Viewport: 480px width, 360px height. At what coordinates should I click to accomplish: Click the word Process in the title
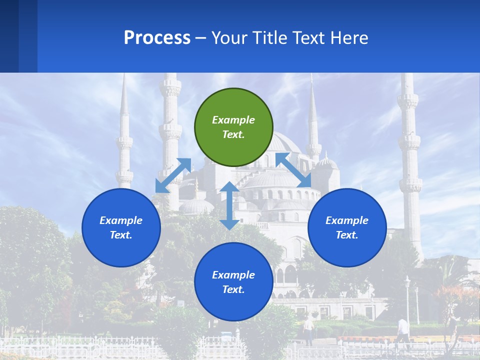pos(157,38)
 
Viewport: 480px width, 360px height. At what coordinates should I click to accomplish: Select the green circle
pos(233,127)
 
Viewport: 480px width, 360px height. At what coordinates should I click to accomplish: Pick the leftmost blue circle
pos(121,227)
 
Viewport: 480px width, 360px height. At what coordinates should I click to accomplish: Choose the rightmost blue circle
pos(347,227)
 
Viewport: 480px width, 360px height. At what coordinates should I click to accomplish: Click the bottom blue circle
pos(233,282)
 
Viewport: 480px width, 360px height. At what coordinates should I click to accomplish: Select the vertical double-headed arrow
pos(229,205)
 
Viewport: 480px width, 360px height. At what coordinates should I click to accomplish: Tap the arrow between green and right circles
pos(293,169)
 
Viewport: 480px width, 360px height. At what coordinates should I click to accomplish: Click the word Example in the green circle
pos(233,120)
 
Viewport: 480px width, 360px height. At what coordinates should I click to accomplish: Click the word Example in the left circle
pos(121,220)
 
